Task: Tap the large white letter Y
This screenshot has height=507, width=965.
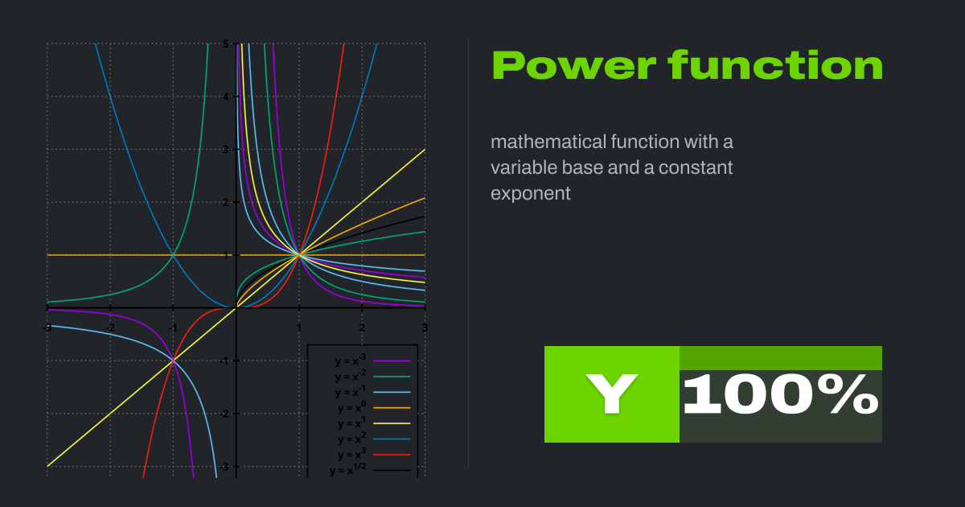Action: [x=611, y=394]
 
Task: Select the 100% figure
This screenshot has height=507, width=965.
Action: [x=780, y=394]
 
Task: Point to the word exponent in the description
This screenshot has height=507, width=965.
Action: [x=531, y=194]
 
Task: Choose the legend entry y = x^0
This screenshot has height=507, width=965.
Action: [x=351, y=408]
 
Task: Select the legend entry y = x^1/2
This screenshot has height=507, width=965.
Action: [x=350, y=471]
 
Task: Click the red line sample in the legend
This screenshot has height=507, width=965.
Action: [x=392, y=455]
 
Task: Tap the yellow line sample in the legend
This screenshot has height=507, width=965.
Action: [x=392, y=423]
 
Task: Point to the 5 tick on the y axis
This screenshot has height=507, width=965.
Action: [x=226, y=43]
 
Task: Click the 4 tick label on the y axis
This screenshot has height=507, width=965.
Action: [x=226, y=97]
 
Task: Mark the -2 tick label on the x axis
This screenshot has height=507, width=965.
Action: [x=109, y=328]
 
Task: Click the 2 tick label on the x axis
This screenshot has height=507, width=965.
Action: [x=362, y=328]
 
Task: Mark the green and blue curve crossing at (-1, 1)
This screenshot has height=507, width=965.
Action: [x=173, y=255]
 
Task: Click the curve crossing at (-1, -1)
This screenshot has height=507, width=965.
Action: [x=173, y=361]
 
